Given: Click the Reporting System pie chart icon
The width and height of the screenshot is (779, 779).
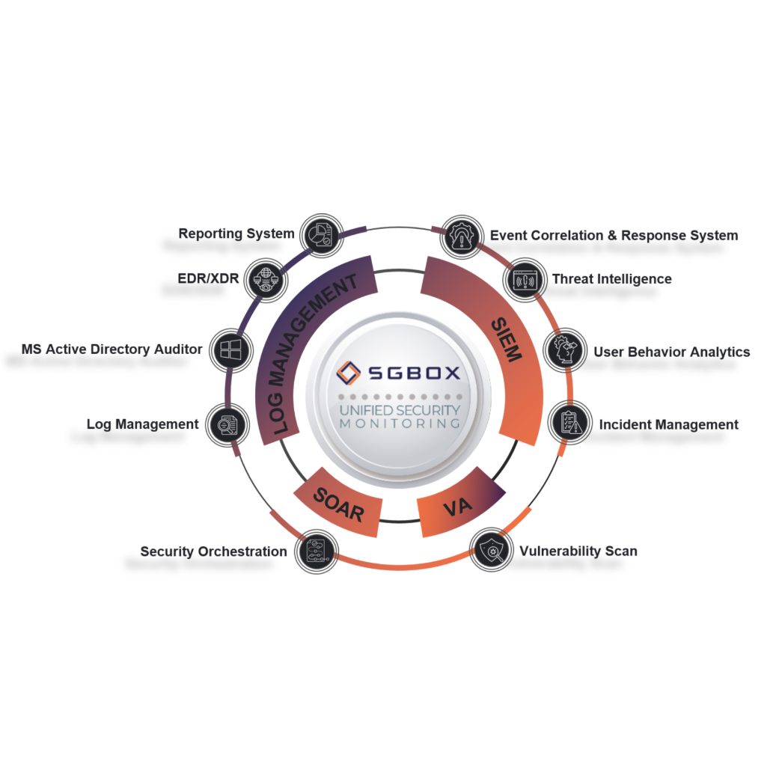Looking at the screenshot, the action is pyautogui.click(x=322, y=236).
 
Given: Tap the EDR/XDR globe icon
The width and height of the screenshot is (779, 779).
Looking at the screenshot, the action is pyautogui.click(x=266, y=280).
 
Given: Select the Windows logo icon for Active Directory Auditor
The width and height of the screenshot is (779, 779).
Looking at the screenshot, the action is pyautogui.click(x=231, y=349).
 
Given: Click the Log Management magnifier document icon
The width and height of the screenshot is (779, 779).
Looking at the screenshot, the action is pyautogui.click(x=227, y=425).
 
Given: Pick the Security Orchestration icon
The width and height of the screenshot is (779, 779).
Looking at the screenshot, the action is pyautogui.click(x=317, y=552).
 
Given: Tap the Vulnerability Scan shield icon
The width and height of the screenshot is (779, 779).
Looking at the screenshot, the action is pyautogui.click(x=492, y=550).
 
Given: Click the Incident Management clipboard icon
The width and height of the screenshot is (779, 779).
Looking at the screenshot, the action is pyautogui.click(x=570, y=423).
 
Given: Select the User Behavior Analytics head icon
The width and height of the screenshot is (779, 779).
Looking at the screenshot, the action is pyautogui.click(x=565, y=349).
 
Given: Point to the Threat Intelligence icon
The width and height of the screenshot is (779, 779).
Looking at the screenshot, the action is pyautogui.click(x=525, y=280).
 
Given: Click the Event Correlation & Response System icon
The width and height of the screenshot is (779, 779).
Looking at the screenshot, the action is pyautogui.click(x=462, y=236).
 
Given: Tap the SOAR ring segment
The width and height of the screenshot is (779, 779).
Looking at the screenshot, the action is pyautogui.click(x=338, y=502).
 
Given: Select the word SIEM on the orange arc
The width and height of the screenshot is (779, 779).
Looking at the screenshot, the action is pyautogui.click(x=507, y=340).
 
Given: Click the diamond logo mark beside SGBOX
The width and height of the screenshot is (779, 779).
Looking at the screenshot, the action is pyautogui.click(x=348, y=373).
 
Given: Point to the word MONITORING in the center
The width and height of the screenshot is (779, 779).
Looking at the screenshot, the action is pyautogui.click(x=400, y=424).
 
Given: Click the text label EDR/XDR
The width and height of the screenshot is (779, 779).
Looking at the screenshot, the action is pyautogui.click(x=208, y=278).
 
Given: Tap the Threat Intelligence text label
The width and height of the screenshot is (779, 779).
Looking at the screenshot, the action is pyautogui.click(x=611, y=279).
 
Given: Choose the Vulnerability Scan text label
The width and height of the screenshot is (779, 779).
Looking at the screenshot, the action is pyautogui.click(x=578, y=551).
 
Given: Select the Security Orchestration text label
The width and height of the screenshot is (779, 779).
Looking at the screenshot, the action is pyautogui.click(x=213, y=552).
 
